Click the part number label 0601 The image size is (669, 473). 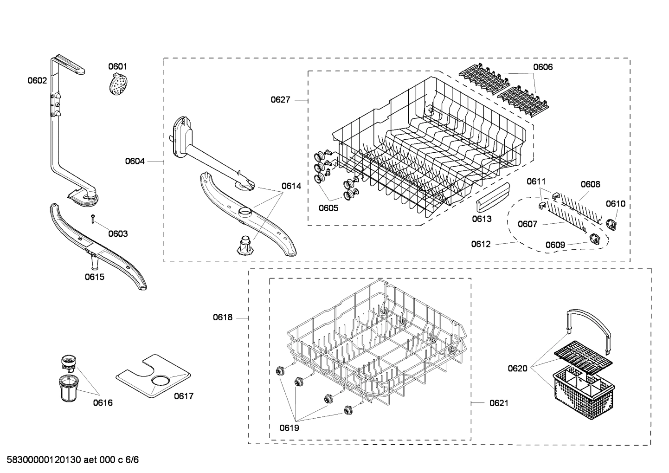coord(118,67)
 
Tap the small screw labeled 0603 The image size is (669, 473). coord(93,218)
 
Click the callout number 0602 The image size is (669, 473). coord(37,81)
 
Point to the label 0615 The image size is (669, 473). coord(94,277)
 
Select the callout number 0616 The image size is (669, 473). coord(103,402)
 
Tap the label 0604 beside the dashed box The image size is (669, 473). coord(135,162)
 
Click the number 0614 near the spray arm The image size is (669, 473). coord(291,186)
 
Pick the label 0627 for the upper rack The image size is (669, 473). coord(280,100)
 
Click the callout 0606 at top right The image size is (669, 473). coord(543,67)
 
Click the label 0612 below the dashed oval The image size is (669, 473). coord(481,244)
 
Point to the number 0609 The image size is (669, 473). coord(555,245)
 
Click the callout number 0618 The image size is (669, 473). coord(223,318)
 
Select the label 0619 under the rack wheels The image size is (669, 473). coord(289,428)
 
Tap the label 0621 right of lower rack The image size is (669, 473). coord(499,403)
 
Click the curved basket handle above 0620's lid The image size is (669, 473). coord(589,325)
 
